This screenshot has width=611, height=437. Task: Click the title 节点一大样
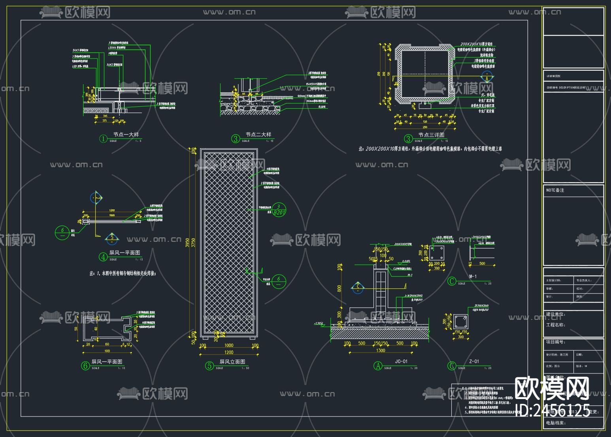coord(126,135)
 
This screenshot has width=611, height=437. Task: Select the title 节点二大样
coord(258,135)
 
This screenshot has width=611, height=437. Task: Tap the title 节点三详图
coord(431,135)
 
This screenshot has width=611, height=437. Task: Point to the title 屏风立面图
coord(232,362)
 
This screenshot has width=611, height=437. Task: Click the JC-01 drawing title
coord(401,362)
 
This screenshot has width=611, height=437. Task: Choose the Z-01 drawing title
coord(474,362)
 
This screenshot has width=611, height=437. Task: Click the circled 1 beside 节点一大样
coord(103,139)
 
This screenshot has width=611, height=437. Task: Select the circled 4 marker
coord(103,257)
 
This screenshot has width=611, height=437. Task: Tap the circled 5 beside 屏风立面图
coord(209,366)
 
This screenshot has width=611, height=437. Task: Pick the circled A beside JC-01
coord(378,366)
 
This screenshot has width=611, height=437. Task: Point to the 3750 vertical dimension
coord(193,243)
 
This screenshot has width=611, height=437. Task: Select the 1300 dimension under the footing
coord(380,350)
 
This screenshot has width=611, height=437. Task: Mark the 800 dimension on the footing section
coord(339,288)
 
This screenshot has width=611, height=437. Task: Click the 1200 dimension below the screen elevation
coord(229,352)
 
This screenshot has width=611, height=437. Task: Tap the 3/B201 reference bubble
coord(279,210)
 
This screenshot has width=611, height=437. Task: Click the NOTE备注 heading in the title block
coord(555,190)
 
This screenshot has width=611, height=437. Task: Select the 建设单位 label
coord(555,315)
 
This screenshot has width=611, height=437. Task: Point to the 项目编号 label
coord(555,342)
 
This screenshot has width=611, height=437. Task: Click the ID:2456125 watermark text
coord(553,410)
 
